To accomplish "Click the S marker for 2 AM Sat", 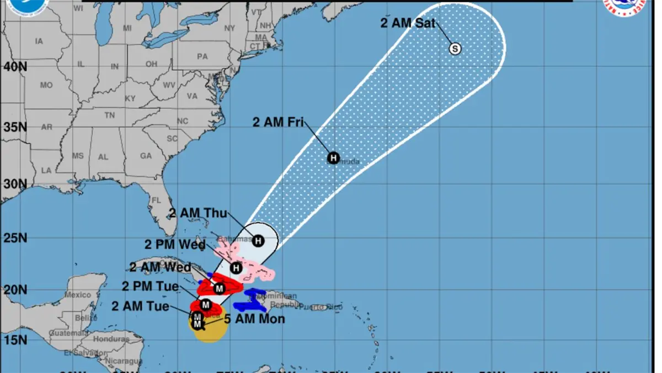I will point(455,49).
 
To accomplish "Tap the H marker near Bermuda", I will point(333,158).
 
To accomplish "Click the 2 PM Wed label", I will point(175,245).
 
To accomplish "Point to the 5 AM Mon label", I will point(254,319).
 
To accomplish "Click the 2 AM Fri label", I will point(278,123).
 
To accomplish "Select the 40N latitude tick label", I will point(15,67).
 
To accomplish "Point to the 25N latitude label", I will point(15,239).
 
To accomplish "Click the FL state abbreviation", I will point(156,200).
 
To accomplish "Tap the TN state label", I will point(110,115).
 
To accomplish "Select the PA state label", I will point(202,56).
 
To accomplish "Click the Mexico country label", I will point(77,295).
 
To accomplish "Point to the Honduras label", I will point(111,339).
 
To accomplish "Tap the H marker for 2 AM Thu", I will point(258,241).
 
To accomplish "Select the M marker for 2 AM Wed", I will point(219,288).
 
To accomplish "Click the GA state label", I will point(146,156).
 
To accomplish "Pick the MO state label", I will point(46,86).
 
